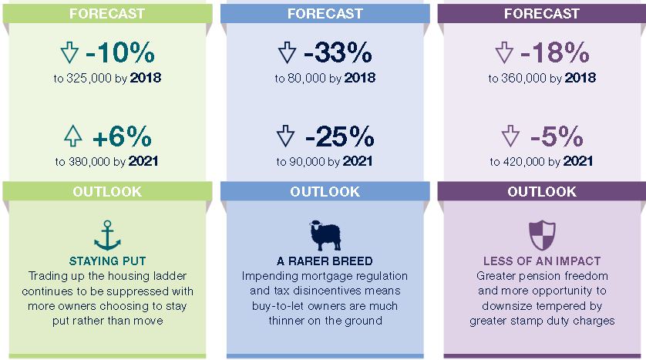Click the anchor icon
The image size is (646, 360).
click(x=107, y=236)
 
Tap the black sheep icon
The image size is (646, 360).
click(x=325, y=235)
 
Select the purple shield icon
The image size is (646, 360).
click(x=542, y=235)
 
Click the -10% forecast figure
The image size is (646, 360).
click(x=120, y=52)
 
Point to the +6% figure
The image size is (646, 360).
click(x=122, y=136)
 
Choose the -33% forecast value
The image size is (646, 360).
click(x=338, y=52)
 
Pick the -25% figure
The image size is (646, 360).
click(x=339, y=136)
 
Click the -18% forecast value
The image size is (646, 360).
click(x=554, y=52)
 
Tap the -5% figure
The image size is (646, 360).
click(x=557, y=136)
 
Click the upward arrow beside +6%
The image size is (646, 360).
click(x=73, y=136)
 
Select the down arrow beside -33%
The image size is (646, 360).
click(x=287, y=52)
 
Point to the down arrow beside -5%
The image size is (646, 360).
click(x=510, y=136)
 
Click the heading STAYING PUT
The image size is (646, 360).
click(x=107, y=261)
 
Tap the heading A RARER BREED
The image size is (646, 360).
click(x=325, y=261)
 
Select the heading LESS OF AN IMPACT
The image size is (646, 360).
click(x=542, y=261)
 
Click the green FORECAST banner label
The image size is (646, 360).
click(x=107, y=14)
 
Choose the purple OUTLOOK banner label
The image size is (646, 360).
click(x=542, y=191)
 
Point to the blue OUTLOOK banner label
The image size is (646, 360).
click(x=325, y=191)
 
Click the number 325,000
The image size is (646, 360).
click(x=89, y=79)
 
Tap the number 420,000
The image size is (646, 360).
click(x=523, y=161)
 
